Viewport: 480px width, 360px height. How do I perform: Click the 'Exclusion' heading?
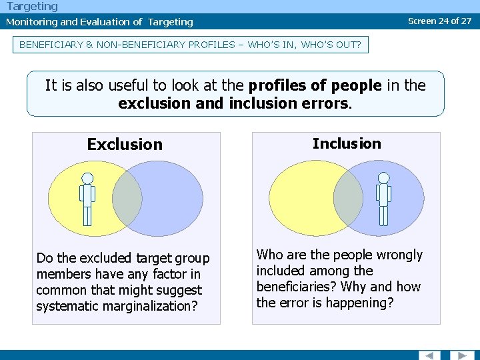click(125, 145)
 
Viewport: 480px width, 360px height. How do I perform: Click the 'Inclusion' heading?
click(347, 143)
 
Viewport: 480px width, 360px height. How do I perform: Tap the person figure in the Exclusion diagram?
click(87, 199)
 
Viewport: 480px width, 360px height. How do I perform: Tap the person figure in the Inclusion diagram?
click(383, 199)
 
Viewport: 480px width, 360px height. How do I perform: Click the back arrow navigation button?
click(429, 355)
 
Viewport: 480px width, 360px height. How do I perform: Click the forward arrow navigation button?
click(461, 355)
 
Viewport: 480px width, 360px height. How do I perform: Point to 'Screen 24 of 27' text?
click(439, 21)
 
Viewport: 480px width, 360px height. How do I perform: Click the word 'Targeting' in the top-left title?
click(32, 7)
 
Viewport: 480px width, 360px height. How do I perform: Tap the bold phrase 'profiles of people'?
click(315, 85)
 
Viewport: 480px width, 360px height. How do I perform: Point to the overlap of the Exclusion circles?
click(127, 198)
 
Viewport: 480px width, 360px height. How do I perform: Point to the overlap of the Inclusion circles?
click(348, 198)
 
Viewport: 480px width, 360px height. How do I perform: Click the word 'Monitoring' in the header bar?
click(31, 22)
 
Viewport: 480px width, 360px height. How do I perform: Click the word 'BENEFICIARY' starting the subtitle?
click(48, 45)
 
